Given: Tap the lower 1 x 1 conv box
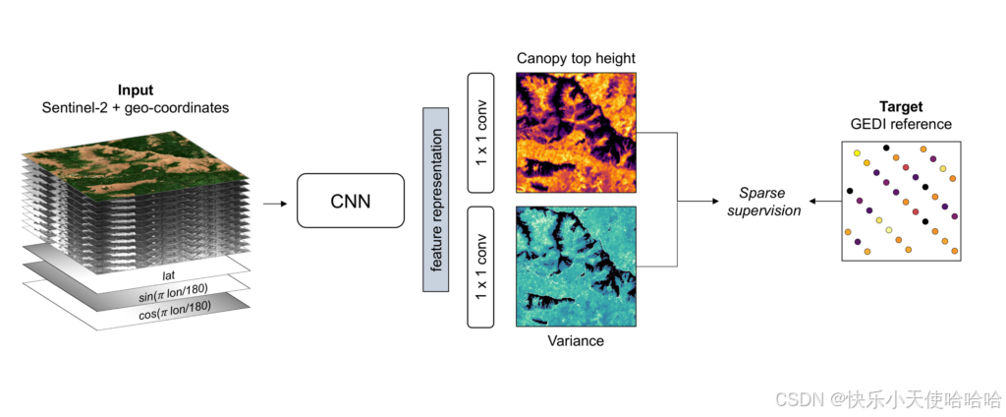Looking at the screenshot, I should click(480, 267).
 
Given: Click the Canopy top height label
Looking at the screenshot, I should click(576, 59).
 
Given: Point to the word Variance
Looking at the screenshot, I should click(576, 341).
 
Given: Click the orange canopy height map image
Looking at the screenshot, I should click(576, 132).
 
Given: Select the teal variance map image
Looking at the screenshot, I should click(576, 267).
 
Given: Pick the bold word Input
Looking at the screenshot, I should click(136, 90).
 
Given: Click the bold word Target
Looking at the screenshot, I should click(901, 106).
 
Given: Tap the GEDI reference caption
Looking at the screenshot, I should click(901, 124).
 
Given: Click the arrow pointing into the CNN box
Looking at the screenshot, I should click(275, 204).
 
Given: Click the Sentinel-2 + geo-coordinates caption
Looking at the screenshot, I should click(136, 107).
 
